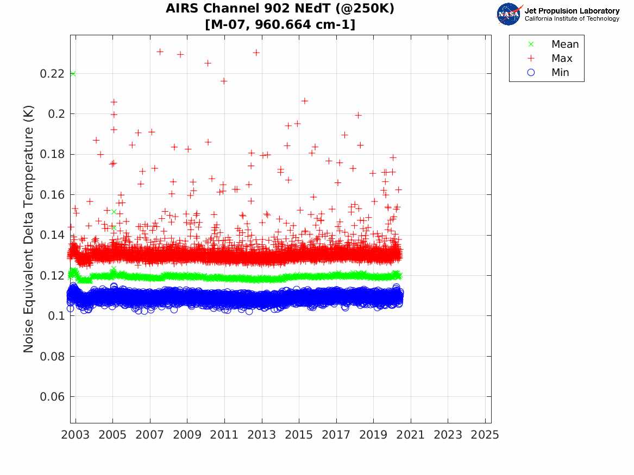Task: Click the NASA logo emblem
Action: (509, 14)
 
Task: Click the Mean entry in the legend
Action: (564, 45)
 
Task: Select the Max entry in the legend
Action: (562, 59)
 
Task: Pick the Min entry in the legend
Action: (560, 73)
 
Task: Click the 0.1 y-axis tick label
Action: (55, 316)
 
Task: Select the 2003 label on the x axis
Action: (76, 435)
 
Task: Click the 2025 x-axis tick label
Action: (485, 435)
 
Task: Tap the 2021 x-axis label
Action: (410, 435)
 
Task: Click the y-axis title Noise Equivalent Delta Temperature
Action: (29, 229)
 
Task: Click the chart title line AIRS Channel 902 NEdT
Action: (280, 9)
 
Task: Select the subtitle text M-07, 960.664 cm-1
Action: (280, 25)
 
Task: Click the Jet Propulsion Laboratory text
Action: (572, 11)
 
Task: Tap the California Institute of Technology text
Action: (572, 19)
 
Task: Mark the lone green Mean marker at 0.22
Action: (73, 74)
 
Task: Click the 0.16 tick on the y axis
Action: (51, 195)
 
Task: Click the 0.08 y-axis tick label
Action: (51, 357)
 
